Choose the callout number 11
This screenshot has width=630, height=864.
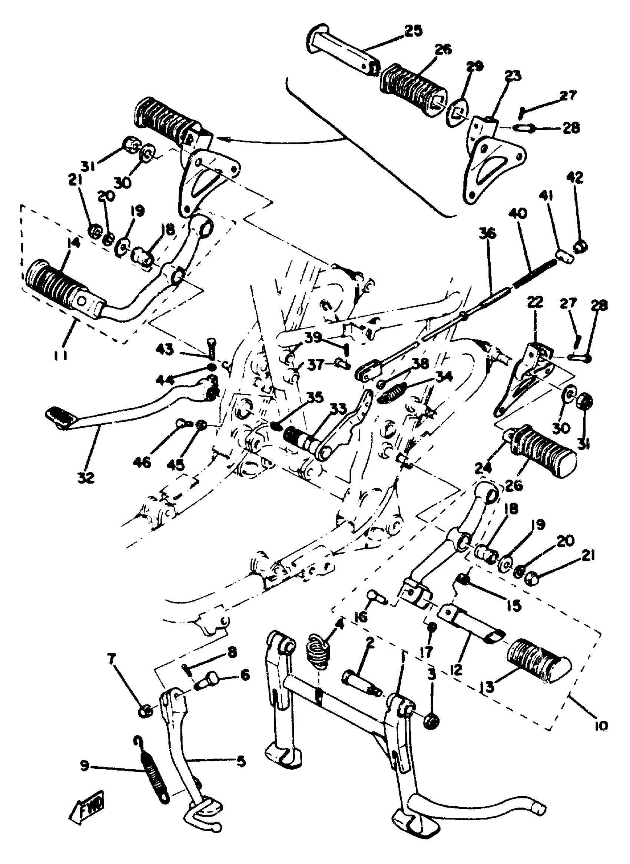[x=61, y=355]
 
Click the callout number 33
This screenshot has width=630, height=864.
[x=338, y=410]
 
